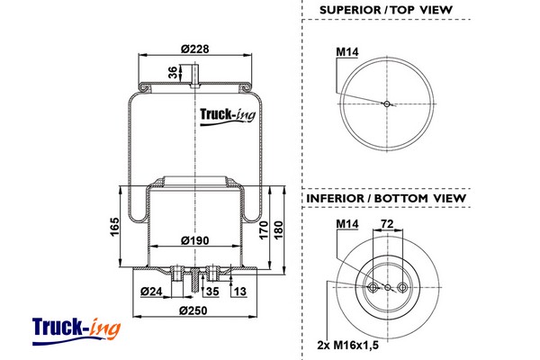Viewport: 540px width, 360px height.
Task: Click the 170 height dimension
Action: pyautogui.click(x=263, y=229)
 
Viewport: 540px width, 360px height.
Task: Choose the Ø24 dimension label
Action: pyautogui.click(x=151, y=291)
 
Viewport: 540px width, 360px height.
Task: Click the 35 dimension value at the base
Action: pyautogui.click(x=213, y=291)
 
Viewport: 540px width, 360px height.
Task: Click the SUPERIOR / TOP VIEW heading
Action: pyautogui.click(x=385, y=10)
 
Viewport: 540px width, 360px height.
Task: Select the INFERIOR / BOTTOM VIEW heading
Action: pyautogui.click(x=385, y=197)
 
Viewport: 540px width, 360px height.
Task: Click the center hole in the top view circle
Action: pyautogui.click(x=386, y=103)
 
